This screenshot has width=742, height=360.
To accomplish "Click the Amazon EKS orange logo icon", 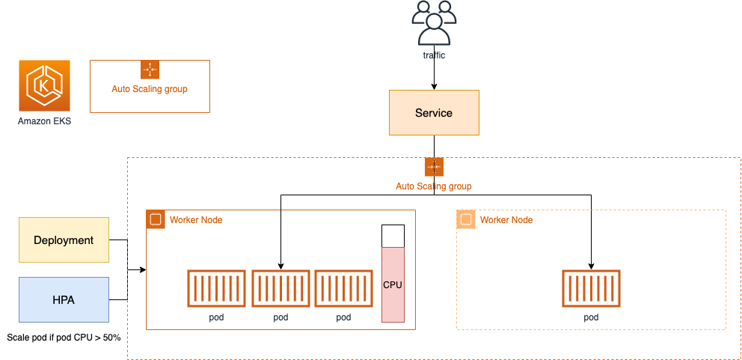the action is (x=44, y=86).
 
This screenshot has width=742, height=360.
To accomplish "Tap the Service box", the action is (x=434, y=113).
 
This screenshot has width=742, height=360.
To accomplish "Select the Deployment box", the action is (x=64, y=240).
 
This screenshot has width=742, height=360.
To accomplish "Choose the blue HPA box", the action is (x=64, y=300).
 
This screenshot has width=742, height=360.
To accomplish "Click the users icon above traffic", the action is (x=434, y=23).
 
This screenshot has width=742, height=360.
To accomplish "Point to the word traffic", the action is (x=434, y=55).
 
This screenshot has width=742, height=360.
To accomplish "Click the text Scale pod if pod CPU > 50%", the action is (x=64, y=338).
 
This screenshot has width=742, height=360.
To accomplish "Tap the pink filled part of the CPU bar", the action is (x=393, y=284).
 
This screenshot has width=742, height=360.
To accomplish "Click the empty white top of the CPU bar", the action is (x=393, y=236).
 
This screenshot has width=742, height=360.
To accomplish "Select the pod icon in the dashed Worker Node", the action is (x=591, y=288).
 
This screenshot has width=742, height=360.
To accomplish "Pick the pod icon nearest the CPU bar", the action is (x=343, y=288).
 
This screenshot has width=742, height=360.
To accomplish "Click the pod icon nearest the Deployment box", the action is (x=216, y=288).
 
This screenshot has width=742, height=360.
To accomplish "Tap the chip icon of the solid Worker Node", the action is (x=156, y=219).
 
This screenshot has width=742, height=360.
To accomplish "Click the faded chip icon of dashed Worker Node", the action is (x=466, y=219).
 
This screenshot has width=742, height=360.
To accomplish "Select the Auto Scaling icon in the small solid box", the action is (x=150, y=70).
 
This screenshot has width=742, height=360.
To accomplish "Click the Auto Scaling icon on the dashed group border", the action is (x=434, y=167).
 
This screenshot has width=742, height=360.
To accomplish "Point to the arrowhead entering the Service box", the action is (x=434, y=87).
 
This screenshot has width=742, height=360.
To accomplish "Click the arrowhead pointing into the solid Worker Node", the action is (x=143, y=270).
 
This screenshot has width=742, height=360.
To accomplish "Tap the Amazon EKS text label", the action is (x=44, y=121).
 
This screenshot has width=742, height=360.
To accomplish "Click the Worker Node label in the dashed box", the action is (x=506, y=220).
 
